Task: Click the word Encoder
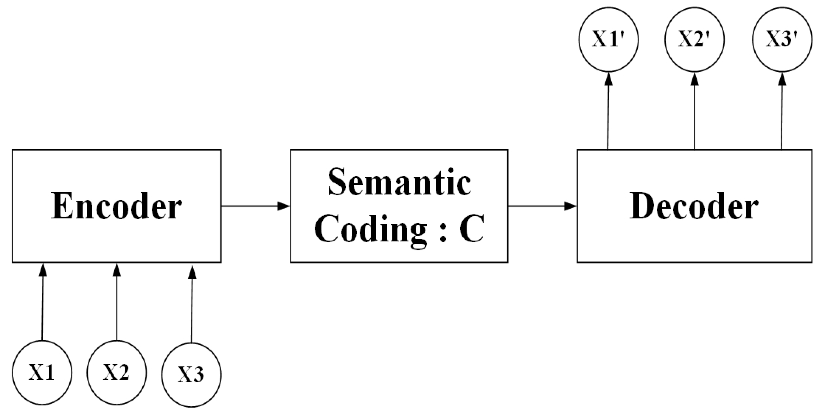(116, 206)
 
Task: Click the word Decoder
(694, 206)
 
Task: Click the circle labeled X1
(42, 372)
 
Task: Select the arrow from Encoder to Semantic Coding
(255, 206)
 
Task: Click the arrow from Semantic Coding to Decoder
(542, 206)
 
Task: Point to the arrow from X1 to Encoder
(42, 302)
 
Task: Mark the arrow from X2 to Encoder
(117, 302)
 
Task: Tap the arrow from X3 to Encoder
(192, 304)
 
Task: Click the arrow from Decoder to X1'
(608, 111)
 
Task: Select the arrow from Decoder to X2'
(694, 111)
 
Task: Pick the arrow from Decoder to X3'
(782, 111)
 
